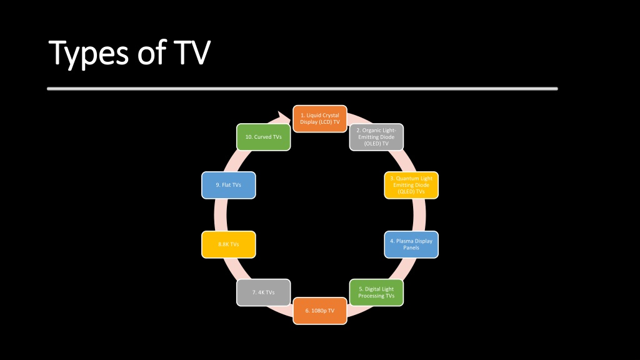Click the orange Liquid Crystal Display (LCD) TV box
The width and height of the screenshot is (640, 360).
click(320, 119)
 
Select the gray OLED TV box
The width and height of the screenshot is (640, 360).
click(376, 137)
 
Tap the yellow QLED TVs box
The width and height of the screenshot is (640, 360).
click(411, 185)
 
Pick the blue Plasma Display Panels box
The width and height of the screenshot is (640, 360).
click(411, 244)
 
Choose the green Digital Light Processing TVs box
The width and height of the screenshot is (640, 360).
click(376, 292)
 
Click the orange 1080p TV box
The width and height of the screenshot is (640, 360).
click(320, 311)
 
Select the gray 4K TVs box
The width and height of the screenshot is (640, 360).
click(264, 292)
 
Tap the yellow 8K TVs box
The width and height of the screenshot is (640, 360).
click(229, 244)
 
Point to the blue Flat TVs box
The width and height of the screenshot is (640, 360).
click(229, 185)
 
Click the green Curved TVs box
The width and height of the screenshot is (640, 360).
click(264, 137)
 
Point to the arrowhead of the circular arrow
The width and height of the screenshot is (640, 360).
click(284, 117)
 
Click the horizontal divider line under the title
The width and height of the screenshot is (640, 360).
click(302, 89)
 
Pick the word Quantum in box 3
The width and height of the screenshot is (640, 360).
click(406, 178)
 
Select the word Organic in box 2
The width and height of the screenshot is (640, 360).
click(372, 131)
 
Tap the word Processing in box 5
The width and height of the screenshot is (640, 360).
click(371, 296)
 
